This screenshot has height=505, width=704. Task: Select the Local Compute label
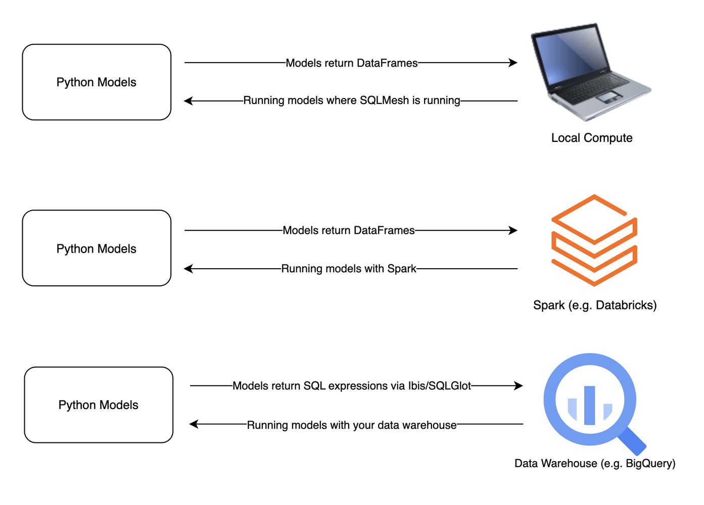(592, 138)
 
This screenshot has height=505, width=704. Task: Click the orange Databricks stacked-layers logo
(594, 240)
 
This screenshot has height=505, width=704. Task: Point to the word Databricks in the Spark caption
(625, 305)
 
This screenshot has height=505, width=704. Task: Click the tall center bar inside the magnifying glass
(590, 405)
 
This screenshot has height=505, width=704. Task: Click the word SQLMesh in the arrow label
(384, 100)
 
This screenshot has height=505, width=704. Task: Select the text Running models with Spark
(349, 269)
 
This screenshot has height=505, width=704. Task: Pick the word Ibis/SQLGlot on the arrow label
(439, 386)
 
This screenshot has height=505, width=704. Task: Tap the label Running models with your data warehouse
(352, 425)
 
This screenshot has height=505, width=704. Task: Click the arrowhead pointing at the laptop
(513, 63)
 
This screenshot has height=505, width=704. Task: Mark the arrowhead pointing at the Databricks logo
(513, 230)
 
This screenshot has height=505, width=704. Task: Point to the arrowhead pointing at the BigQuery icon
(518, 386)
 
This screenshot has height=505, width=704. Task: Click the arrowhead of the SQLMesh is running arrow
(189, 101)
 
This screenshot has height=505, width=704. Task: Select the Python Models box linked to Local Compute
(97, 82)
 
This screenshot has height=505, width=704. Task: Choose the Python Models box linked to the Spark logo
(97, 248)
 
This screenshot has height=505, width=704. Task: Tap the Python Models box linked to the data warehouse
(99, 405)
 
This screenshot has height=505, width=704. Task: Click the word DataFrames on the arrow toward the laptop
(387, 63)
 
